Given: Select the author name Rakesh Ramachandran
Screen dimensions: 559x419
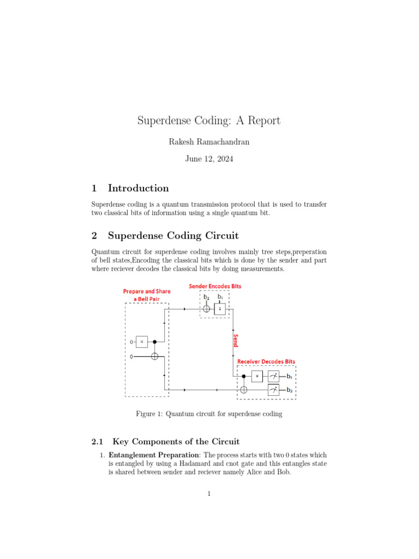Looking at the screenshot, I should coord(209,142).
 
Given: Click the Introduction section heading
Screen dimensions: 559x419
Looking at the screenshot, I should coord(138,188).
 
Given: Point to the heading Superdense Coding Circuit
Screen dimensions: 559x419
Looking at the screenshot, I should coord(173,236).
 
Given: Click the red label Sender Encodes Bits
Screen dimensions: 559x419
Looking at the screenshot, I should coord(215,286).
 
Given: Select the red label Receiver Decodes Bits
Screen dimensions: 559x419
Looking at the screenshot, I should coord(266,361).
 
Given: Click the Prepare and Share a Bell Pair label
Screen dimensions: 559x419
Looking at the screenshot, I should coord(146,295).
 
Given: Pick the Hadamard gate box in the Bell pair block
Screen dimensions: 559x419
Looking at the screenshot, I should coord(142,342).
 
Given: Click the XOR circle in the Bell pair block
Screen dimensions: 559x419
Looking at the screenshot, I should coord(154,356).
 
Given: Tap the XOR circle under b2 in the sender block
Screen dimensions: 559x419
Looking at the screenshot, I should coord(206,309).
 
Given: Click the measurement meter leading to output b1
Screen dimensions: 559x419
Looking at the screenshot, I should coord(273,376).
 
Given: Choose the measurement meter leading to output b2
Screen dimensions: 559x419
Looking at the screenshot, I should coord(273,390).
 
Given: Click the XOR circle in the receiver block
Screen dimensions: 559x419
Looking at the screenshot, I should coord(244,390).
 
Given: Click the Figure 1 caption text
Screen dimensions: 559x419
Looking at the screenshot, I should coord(209,414).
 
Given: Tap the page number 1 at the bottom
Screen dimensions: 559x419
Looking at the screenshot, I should coord(209,495).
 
